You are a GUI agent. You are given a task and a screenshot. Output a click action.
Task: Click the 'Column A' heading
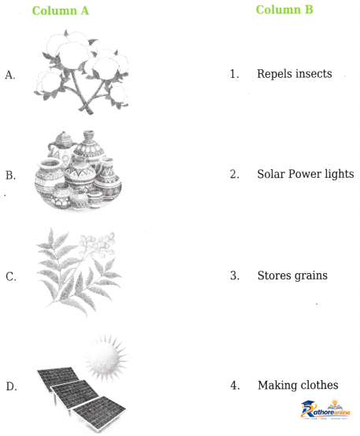tap(61, 10)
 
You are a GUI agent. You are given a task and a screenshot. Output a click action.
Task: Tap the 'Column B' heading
tap(284, 9)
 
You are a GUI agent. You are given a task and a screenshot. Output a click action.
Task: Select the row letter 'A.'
tap(10, 75)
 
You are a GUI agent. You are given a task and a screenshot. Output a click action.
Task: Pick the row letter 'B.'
tap(10, 176)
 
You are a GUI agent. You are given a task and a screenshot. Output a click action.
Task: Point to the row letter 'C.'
tap(11, 277)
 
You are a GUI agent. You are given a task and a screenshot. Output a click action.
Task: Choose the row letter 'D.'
tap(11, 386)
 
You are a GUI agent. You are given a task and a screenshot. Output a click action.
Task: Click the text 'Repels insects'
tap(295, 74)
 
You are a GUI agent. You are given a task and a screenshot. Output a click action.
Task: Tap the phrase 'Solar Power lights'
tap(306, 174)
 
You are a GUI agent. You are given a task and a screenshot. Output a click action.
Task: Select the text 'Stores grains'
tap(292, 275)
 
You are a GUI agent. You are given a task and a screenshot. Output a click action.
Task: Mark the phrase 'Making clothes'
tap(298, 386)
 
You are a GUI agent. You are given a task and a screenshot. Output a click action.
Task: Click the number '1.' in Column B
tap(235, 74)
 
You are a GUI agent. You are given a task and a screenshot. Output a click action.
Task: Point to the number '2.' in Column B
tap(235, 174)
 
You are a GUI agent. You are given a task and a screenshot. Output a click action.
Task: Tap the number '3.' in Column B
tap(235, 275)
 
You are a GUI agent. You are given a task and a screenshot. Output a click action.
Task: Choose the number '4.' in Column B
tap(235, 386)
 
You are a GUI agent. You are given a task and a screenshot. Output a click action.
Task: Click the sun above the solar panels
tap(106, 357)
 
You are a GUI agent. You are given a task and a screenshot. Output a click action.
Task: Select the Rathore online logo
tap(325, 409)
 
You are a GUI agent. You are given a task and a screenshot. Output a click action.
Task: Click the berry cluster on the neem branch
tap(98, 244)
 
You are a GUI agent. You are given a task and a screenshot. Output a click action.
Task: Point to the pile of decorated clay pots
tap(78, 170)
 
